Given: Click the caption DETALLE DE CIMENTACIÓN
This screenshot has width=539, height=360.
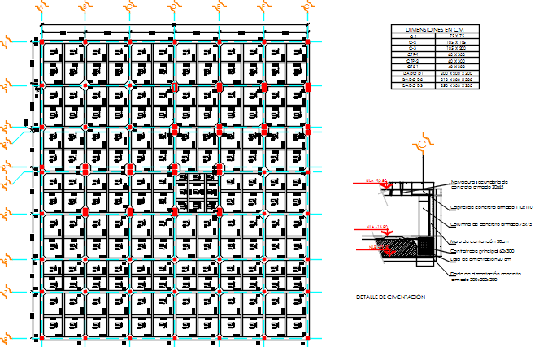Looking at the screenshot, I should coord(390,297).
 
